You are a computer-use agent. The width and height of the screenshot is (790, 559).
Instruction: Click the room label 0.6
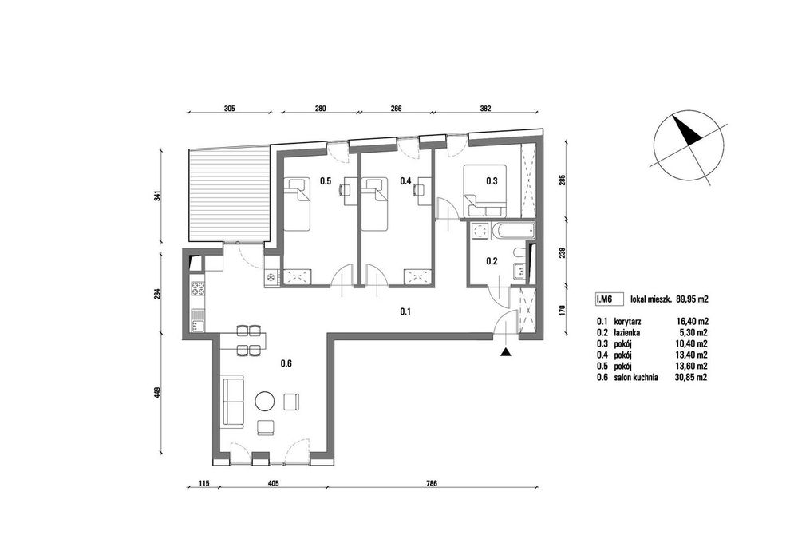[x=286, y=363]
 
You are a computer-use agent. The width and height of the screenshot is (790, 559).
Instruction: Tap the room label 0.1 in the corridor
[x=405, y=311]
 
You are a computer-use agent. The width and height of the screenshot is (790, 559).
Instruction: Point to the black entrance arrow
[x=505, y=353]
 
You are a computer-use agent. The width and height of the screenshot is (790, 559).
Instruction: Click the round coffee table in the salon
[x=265, y=402]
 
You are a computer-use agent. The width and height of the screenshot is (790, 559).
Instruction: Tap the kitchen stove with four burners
[x=197, y=289]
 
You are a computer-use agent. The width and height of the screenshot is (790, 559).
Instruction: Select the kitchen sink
[x=197, y=320]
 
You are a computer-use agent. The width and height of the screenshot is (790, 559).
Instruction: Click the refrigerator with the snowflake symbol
[x=271, y=277]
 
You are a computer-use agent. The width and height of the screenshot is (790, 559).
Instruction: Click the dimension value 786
[x=431, y=483]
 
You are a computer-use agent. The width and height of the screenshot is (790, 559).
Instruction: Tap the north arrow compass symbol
[x=689, y=145]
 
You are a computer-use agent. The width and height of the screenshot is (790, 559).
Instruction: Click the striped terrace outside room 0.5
[x=229, y=194]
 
